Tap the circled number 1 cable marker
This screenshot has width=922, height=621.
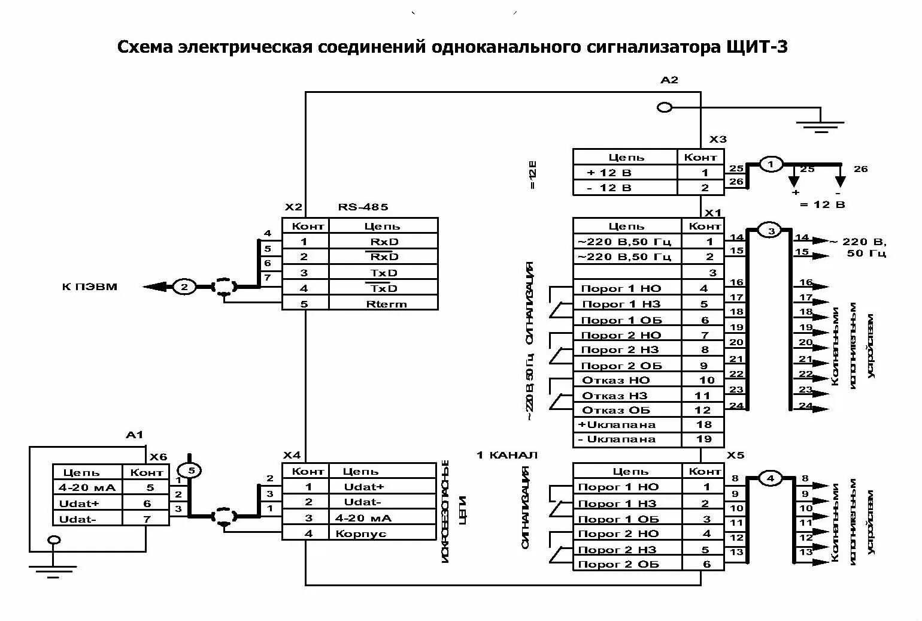[771, 164]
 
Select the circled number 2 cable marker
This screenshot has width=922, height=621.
[184, 287]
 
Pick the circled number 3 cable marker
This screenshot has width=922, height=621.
[771, 231]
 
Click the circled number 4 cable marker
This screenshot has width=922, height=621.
[771, 478]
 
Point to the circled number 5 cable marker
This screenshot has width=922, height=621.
[191, 471]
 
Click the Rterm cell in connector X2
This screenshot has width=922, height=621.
[386, 304]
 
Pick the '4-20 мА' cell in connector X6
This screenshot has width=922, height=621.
[87, 487]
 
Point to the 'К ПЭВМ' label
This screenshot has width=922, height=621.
[90, 287]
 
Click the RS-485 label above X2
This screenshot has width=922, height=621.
[363, 207]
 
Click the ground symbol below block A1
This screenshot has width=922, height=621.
[53, 568]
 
